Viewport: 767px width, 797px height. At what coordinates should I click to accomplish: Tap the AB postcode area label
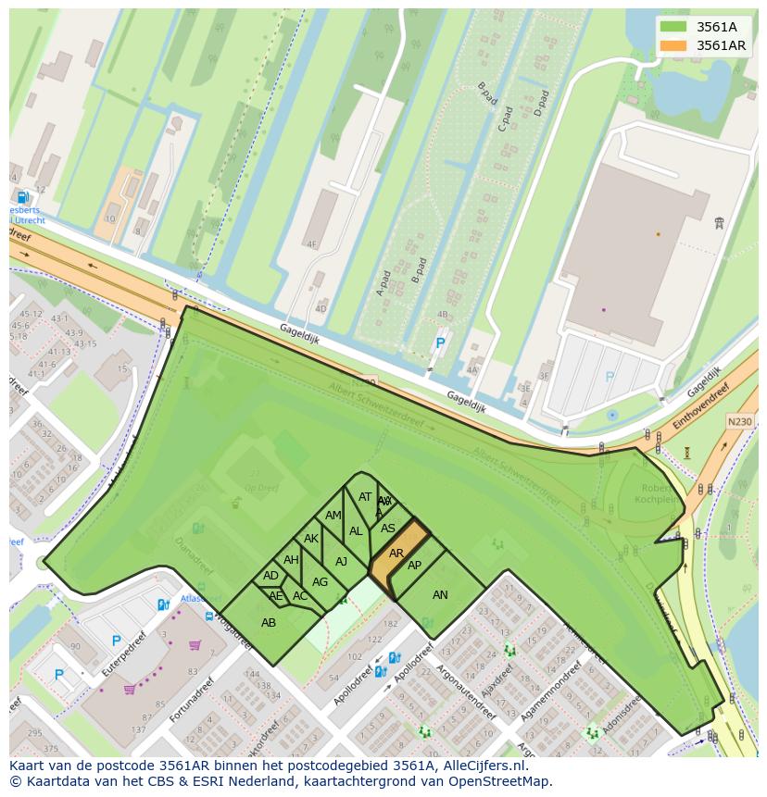coord(269,623)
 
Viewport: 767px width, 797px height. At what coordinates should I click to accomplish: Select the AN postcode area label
coord(440,595)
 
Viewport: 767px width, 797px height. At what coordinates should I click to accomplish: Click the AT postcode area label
coord(365,497)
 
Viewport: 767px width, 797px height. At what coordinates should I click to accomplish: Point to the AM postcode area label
coord(333,516)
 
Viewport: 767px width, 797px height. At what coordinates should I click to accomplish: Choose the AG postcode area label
coord(321,582)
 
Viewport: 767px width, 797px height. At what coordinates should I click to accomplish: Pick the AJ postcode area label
coord(341,562)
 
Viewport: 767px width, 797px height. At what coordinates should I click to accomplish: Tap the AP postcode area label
coord(414,566)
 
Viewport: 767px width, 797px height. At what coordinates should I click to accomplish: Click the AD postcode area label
coord(270,576)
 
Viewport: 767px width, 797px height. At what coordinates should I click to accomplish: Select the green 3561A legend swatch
coord(673,27)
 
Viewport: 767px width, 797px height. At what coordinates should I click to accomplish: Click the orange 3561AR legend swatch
coord(673,45)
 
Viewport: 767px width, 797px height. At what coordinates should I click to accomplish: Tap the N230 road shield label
coord(739,422)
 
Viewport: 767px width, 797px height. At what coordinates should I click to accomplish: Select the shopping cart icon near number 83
coord(195,645)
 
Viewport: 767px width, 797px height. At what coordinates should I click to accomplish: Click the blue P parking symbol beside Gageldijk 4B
coord(440,343)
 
